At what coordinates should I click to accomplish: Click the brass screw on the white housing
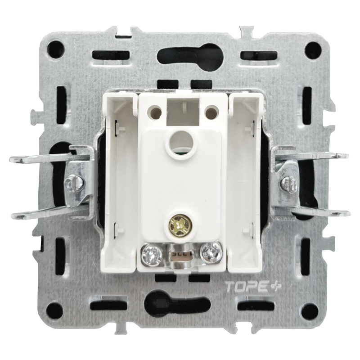(x=177, y=223)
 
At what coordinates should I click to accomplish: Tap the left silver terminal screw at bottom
(x=151, y=254)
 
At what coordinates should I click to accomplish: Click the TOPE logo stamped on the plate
(x=252, y=287)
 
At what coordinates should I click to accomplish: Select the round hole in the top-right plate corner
(x=313, y=50)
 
